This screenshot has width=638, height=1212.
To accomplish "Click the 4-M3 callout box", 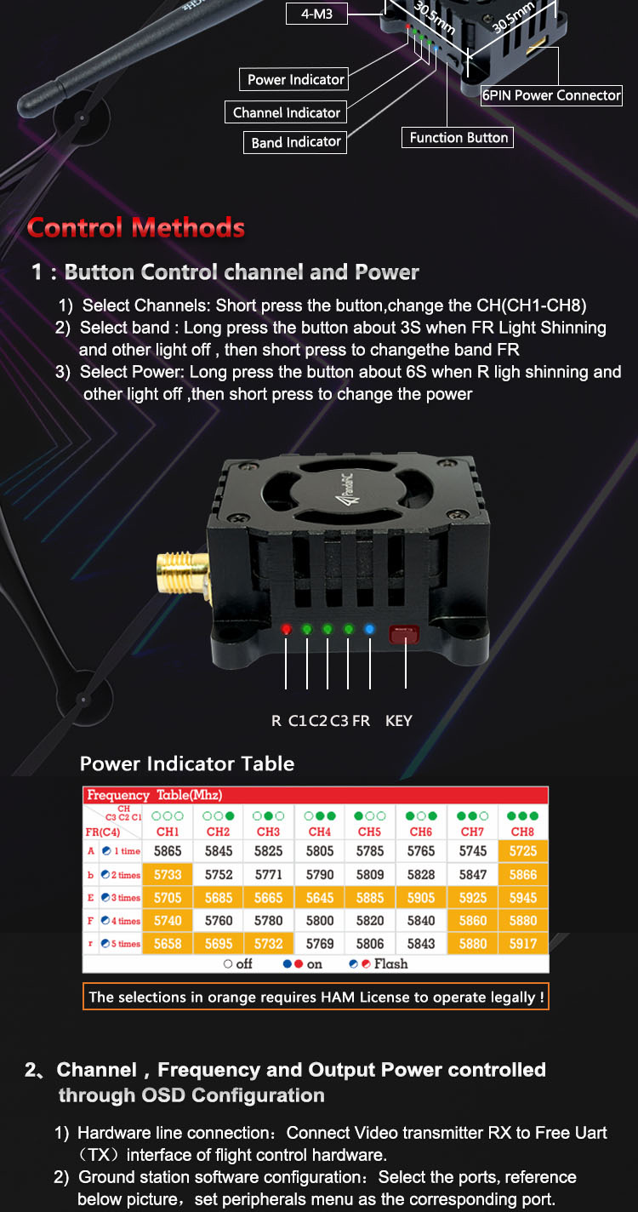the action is [316, 14].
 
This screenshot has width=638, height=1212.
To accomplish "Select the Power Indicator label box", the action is [294, 79].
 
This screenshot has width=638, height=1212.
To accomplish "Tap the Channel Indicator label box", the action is [286, 112].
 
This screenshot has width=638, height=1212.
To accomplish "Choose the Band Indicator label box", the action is [295, 142].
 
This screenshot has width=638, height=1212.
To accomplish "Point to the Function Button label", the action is [458, 137].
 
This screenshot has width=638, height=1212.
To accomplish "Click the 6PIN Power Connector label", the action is [551, 95].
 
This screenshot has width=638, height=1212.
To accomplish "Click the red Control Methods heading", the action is [136, 227].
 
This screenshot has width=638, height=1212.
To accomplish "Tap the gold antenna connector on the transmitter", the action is [183, 575].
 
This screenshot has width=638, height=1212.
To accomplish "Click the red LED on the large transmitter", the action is [286, 629].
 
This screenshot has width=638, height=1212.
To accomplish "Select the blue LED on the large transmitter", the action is [369, 629].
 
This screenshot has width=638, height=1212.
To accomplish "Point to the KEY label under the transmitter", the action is [398, 721].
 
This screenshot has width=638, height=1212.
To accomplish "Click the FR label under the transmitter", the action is [362, 721].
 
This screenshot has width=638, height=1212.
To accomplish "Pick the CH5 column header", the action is [369, 832].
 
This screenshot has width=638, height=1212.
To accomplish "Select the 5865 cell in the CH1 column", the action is [168, 851].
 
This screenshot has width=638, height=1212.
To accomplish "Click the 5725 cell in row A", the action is [523, 851].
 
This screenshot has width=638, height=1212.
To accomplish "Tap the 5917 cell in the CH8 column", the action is [523, 944].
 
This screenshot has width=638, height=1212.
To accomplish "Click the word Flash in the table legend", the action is [390, 963].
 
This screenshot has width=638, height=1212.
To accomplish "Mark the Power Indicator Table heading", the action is [187, 763].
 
